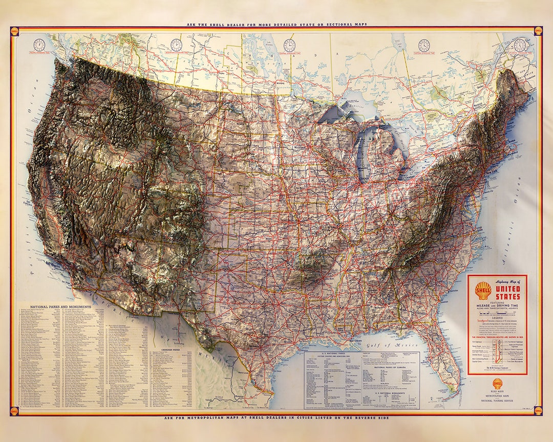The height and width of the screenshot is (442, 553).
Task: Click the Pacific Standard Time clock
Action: coord(39,45)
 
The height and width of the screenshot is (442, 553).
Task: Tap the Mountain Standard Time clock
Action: coord(176,45)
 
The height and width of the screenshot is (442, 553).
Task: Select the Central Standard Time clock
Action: coord(289,45)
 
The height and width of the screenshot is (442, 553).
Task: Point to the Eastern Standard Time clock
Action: coord(424,45)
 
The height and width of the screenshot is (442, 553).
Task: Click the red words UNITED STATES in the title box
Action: coord(507,293)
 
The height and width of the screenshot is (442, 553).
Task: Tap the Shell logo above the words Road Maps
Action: coord(497,382)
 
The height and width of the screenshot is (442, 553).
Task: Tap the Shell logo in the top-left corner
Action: coord(14,31)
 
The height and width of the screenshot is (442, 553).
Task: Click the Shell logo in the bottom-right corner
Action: coord(538,410)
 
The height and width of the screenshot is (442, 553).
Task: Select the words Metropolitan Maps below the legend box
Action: coord(497,394)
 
